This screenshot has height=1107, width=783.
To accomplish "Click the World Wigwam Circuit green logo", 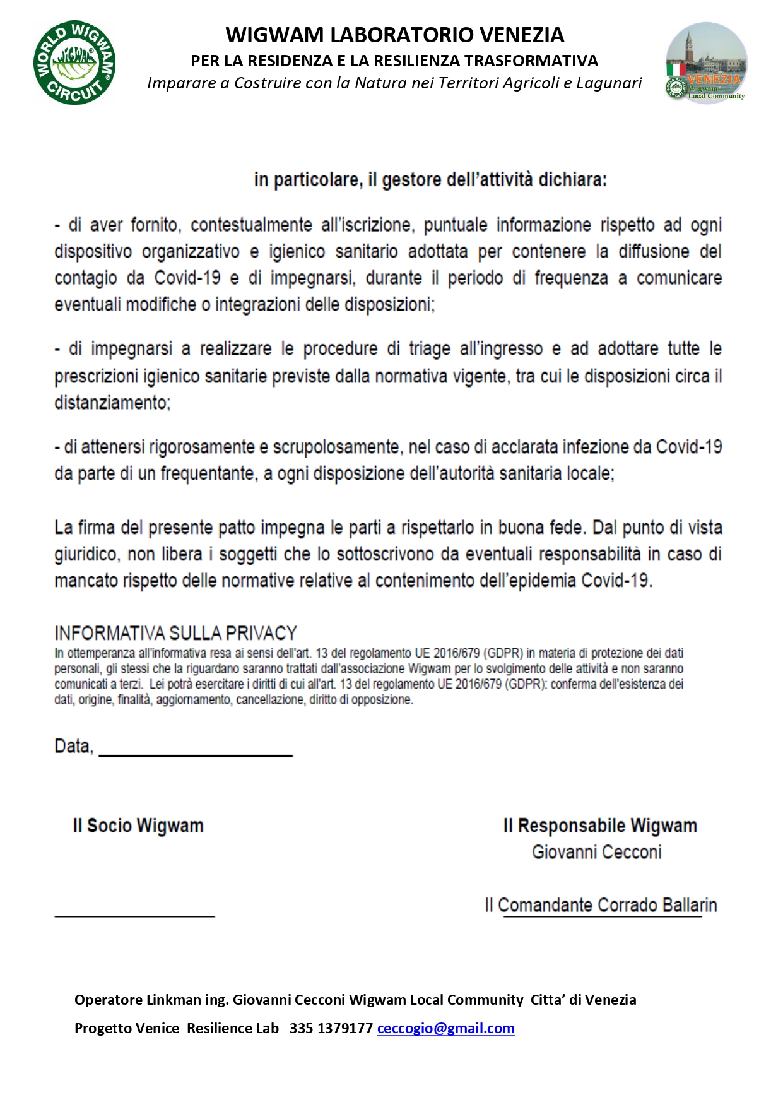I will (74, 62).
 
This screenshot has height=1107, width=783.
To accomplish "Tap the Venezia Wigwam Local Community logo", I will (707, 62).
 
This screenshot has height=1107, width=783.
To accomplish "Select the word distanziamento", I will (112, 403).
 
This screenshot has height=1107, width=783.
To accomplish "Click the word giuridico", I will (86, 554).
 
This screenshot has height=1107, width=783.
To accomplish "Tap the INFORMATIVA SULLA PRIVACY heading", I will (175, 633).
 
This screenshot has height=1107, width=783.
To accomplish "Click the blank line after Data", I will (196, 751).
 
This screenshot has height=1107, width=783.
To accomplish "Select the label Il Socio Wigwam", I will (138, 826).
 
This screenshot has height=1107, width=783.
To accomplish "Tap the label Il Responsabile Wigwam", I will (599, 826).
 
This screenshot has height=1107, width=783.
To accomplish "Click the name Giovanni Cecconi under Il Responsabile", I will (596, 852).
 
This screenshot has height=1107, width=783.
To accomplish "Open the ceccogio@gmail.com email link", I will (445, 1028).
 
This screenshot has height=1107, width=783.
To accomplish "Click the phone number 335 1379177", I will (331, 1028).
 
